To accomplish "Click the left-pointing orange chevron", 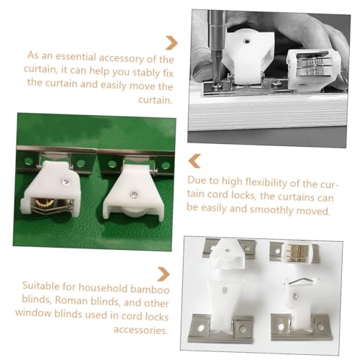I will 194,159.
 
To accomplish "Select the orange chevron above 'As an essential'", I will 171,42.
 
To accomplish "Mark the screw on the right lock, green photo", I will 135,193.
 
